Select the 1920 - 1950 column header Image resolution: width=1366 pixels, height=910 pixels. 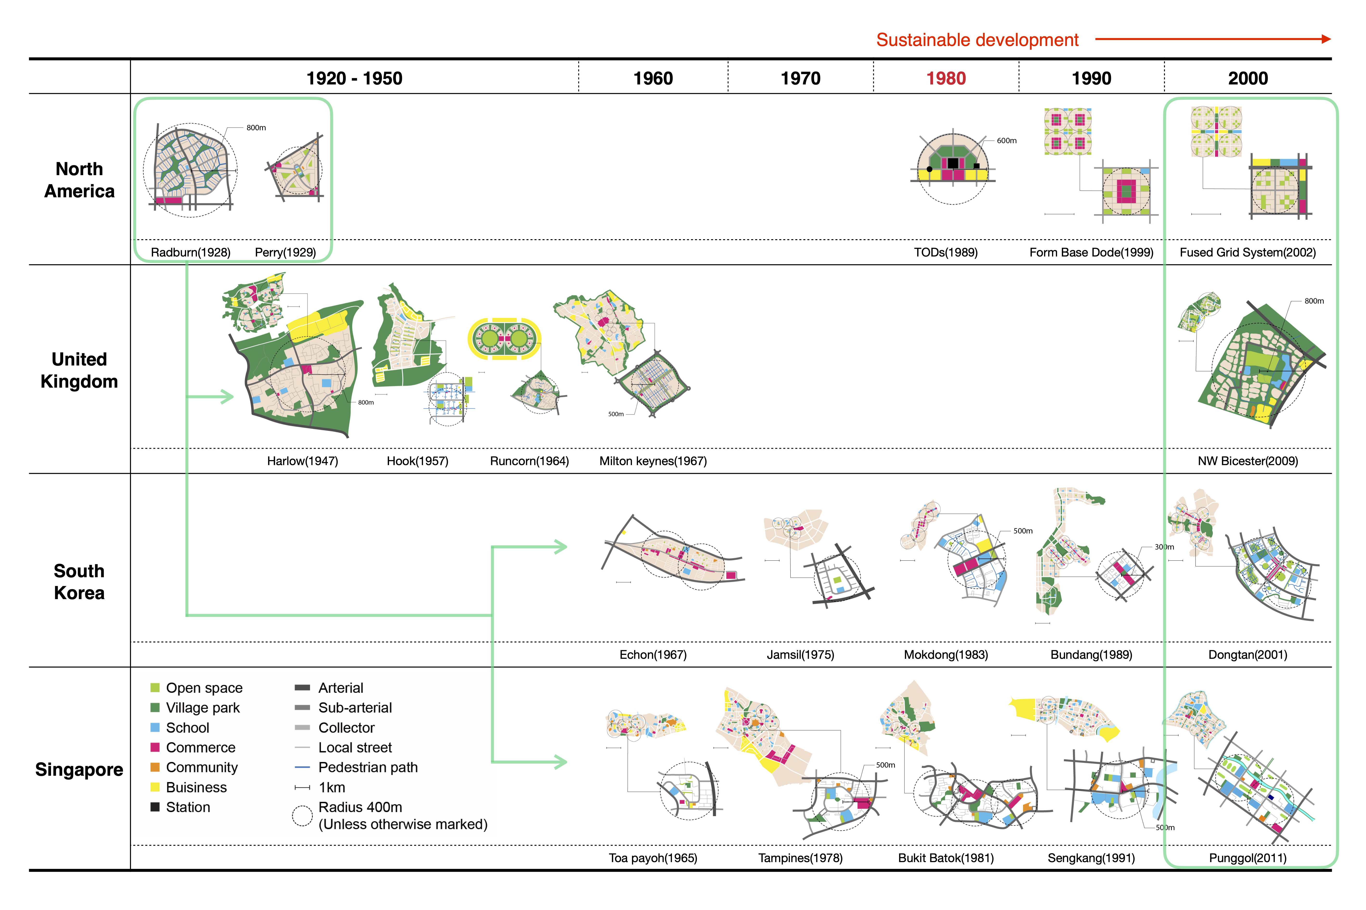[x=354, y=78]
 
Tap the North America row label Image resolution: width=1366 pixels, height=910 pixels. [x=79, y=180]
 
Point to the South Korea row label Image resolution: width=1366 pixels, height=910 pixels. [x=79, y=582]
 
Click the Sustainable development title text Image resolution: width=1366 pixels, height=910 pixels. [x=977, y=40]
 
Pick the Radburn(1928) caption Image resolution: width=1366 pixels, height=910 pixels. [x=190, y=252]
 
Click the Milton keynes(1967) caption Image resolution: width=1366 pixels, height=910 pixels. [x=653, y=461]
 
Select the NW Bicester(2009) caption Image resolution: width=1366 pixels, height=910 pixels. [x=1248, y=461]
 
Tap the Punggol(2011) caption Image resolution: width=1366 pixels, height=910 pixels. [x=1248, y=858]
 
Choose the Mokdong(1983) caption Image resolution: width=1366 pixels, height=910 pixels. [x=946, y=655]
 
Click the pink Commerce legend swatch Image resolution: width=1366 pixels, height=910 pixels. [x=155, y=748]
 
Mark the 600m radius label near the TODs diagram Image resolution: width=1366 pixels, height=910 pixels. [x=1007, y=141]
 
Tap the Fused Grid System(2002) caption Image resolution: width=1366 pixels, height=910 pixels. [x=1248, y=252]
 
